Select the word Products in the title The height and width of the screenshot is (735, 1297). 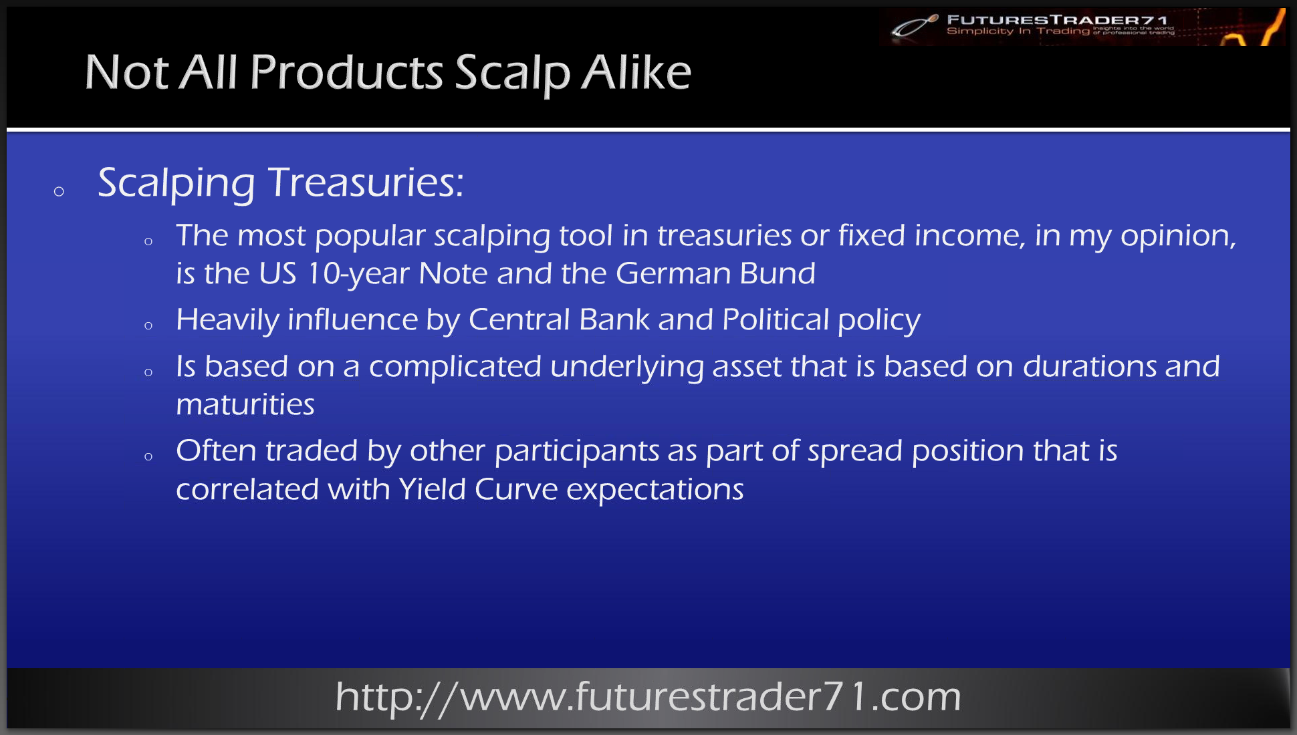[346, 71]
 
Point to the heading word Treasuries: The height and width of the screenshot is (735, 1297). [366, 182]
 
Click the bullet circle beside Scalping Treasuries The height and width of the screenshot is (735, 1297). [59, 192]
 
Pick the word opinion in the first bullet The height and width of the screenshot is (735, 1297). [1178, 237]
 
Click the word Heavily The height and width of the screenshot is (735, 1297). [227, 321]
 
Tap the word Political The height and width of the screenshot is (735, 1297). [776, 319]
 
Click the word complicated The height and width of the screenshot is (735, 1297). [455, 367]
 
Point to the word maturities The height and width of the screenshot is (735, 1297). [245, 405]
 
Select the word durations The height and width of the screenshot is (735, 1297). [1090, 366]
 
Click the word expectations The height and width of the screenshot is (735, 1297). [655, 490]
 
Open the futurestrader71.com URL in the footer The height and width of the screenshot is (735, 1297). [648, 698]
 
